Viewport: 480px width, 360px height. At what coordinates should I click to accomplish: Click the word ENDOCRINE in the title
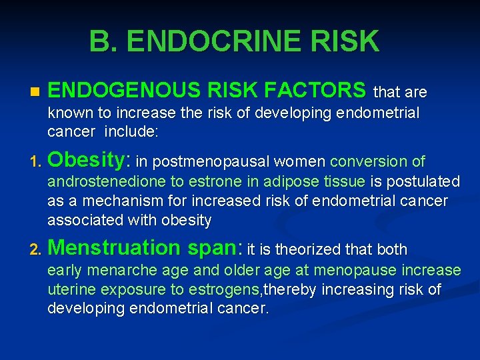coord(217,41)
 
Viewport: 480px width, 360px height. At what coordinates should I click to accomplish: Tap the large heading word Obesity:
coord(90,161)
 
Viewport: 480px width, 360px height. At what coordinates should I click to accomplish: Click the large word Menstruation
coord(114,248)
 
